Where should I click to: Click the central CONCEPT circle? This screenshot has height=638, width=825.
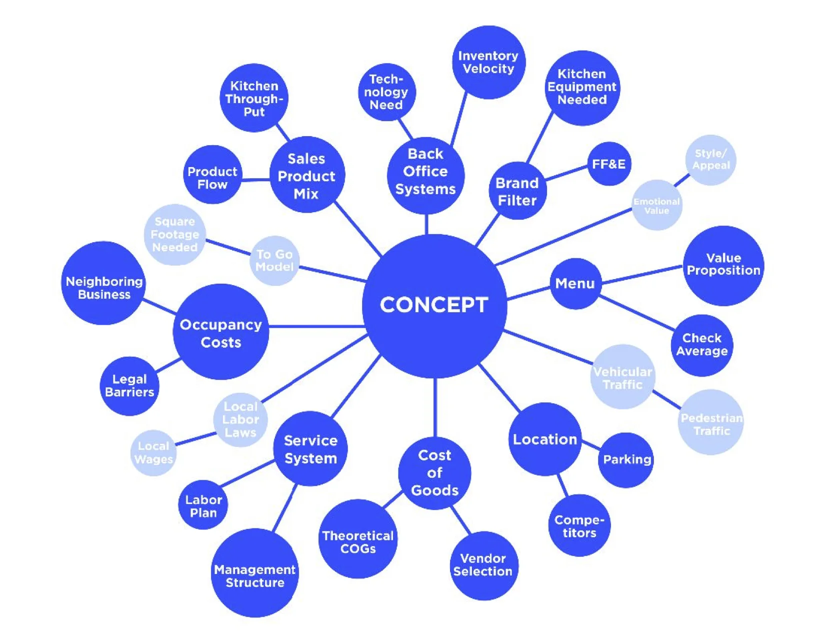pos(434,305)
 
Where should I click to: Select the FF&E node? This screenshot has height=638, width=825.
pos(608,164)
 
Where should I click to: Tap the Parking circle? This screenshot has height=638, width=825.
pos(626,459)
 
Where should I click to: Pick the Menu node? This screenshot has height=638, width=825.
pos(575,284)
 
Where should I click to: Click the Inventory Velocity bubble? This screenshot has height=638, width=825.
pos(488,63)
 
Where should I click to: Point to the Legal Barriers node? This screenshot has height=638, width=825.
pos(129,386)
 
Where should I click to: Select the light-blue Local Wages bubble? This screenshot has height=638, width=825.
pos(153,453)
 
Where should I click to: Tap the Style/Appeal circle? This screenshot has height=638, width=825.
pos(710,160)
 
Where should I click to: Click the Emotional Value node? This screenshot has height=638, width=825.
pos(656,205)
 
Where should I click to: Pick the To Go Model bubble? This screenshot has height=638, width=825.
pos(274,261)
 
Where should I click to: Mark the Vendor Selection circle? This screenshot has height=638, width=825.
pos(483,565)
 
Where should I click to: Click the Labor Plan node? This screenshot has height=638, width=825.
pos(203,506)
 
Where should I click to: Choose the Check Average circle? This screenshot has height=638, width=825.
pos(701,345)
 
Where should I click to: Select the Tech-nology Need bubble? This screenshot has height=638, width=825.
pos(386,92)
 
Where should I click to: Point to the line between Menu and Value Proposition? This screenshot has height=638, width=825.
pos(642,275)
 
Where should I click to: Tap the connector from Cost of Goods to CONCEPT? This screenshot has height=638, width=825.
pos(435,408)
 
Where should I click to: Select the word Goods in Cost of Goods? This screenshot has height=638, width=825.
pos(434,490)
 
